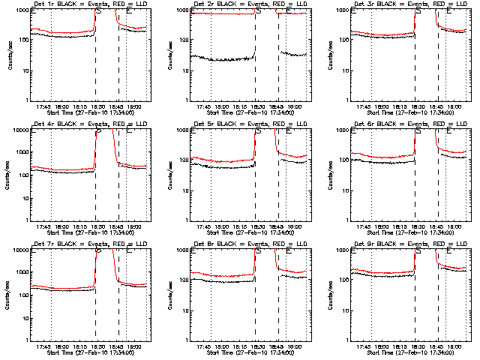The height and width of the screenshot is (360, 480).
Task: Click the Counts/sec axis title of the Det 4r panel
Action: (x=9, y=174)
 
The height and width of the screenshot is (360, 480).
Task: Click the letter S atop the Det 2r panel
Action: (x=258, y=11)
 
